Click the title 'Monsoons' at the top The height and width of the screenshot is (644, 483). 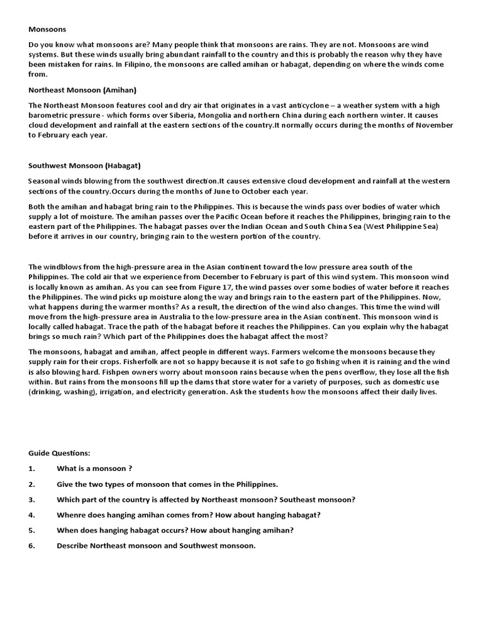click(47, 29)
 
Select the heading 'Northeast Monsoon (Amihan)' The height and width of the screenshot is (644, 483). click(82, 90)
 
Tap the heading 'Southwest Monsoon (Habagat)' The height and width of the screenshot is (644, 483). click(85, 166)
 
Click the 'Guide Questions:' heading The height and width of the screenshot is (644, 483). click(60, 453)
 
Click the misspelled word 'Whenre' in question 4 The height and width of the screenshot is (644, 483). click(72, 514)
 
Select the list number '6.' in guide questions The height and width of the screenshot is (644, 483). click(32, 545)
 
